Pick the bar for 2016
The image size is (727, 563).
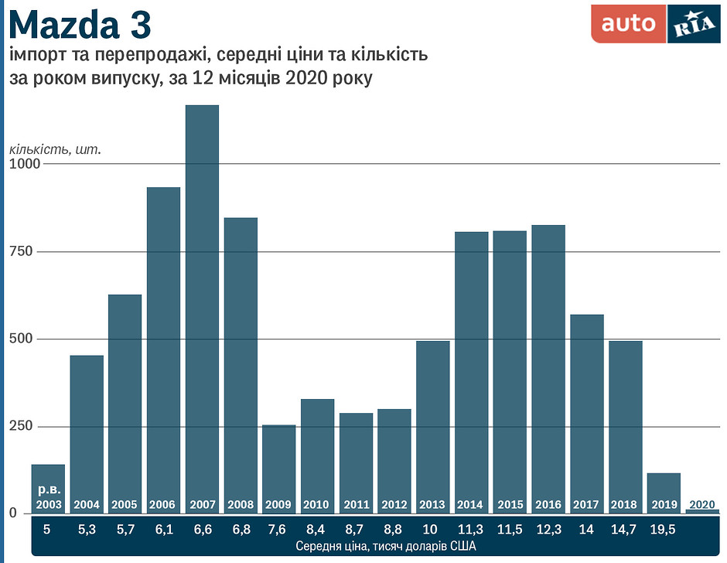[548, 363]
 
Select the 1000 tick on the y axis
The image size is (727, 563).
[24, 164]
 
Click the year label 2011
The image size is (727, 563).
[356, 505]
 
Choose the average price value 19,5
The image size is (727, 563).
[664, 530]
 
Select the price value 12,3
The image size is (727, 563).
[548, 530]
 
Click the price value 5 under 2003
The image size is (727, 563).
[47, 530]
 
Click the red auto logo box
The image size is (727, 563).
[628, 24]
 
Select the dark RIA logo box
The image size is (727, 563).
[693, 24]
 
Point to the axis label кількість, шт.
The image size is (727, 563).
[55, 148]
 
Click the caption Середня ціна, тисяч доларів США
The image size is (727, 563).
[374, 546]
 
